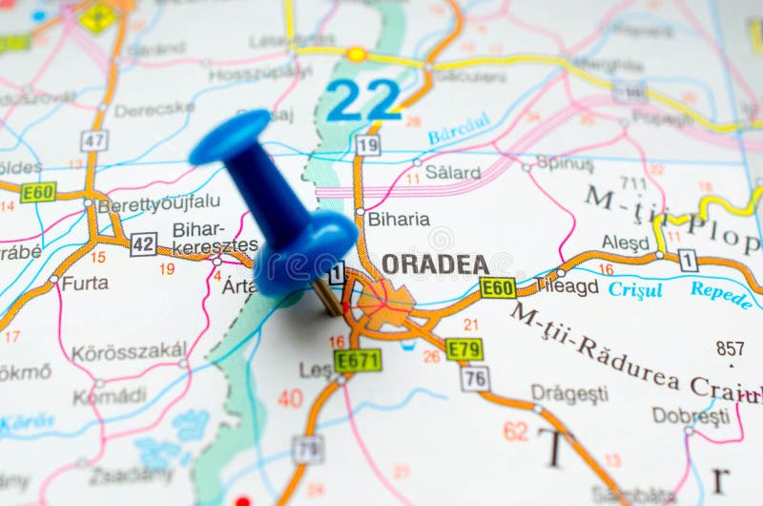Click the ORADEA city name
435,264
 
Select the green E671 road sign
358,360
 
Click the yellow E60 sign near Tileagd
498,287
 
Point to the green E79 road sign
464,349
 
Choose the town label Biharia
399,219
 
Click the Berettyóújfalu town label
158,202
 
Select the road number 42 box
143,243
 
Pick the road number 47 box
93,140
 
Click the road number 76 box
474,378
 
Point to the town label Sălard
452,173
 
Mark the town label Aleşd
625,242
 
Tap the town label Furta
85,283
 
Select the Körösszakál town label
129,350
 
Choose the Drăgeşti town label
569,393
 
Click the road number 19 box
367,144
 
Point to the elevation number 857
731,348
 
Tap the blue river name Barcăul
459,128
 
